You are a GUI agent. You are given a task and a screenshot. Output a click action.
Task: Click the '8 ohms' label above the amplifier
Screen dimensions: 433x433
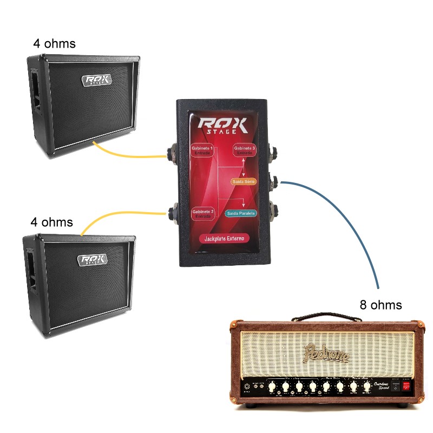click(x=381, y=305)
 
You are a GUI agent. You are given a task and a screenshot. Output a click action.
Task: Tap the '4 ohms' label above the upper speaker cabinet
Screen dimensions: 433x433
click(x=54, y=43)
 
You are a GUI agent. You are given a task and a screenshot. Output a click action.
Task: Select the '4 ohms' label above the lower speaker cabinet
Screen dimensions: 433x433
click(x=51, y=222)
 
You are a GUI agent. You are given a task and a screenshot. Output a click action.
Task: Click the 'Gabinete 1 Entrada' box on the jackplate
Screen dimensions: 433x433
click(x=202, y=150)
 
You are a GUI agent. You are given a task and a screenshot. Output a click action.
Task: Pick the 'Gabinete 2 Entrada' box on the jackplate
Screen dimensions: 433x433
click(x=202, y=213)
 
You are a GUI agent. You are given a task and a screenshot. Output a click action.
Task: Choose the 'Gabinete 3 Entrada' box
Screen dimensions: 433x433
click(x=245, y=150)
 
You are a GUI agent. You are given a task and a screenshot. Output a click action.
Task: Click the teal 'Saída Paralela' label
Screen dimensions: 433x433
click(x=241, y=213)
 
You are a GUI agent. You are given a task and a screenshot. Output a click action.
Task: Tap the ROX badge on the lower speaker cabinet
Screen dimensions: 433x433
click(x=93, y=260)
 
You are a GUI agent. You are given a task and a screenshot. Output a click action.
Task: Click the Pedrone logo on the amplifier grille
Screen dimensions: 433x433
click(x=327, y=353)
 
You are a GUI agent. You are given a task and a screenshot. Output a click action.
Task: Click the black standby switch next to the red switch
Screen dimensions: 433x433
click(x=395, y=386)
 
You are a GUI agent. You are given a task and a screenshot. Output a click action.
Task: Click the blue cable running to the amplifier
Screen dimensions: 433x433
click(x=352, y=227)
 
